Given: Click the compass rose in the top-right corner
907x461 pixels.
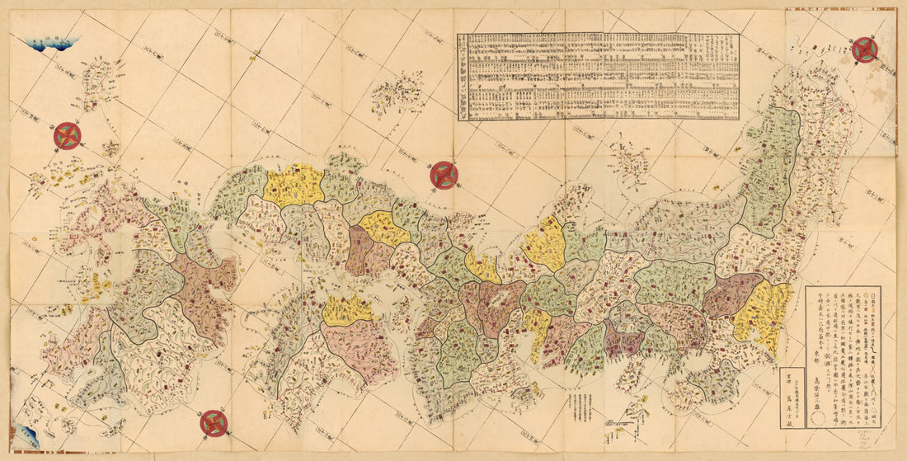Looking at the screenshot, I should (x=864, y=49).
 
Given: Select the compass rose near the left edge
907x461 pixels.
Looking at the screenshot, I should (x=68, y=136).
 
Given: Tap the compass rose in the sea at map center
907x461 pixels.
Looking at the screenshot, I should (x=444, y=175).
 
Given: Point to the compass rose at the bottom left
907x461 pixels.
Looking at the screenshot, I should (x=214, y=423).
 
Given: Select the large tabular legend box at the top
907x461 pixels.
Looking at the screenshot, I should (x=599, y=75).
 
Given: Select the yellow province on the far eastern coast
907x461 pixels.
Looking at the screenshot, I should (x=761, y=318).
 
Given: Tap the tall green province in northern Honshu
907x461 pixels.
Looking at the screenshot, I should (x=773, y=169).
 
